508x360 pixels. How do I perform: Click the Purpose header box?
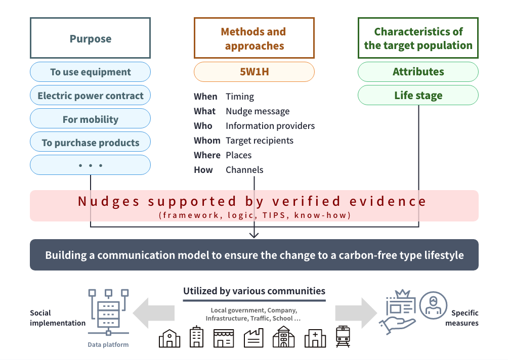(x=90, y=38)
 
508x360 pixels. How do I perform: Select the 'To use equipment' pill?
(x=90, y=72)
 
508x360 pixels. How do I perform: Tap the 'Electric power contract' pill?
(x=90, y=96)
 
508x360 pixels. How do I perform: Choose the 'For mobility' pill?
(x=90, y=119)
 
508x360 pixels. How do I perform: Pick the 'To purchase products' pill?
(x=90, y=143)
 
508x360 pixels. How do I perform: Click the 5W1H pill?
(x=254, y=72)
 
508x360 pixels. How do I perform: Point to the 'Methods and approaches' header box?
(x=254, y=38)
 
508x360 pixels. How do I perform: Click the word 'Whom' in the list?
(x=207, y=140)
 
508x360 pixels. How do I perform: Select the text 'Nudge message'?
(x=258, y=111)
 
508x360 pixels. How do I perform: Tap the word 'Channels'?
(x=244, y=169)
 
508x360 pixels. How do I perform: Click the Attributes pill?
(x=418, y=72)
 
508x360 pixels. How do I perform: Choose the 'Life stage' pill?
(x=418, y=96)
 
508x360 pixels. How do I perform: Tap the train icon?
(x=343, y=336)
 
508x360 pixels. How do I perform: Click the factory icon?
(x=253, y=337)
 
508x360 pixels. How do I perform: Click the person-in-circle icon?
(x=433, y=305)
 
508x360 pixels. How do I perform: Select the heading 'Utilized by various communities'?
(x=254, y=291)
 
